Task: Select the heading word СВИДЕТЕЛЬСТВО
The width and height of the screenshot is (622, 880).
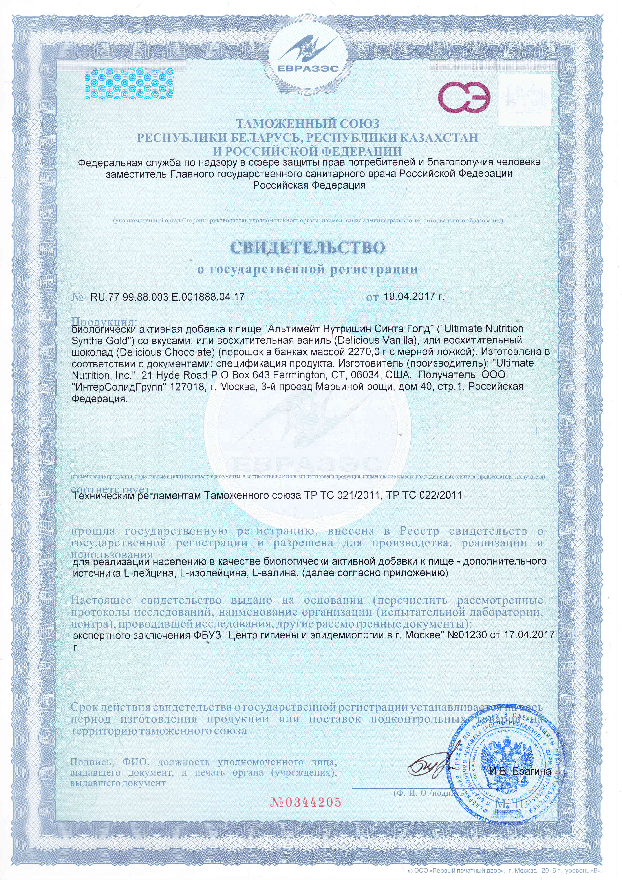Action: click(x=308, y=247)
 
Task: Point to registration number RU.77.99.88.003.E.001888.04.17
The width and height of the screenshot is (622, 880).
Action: click(x=167, y=297)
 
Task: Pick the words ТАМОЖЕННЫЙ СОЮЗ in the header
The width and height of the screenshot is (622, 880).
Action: click(x=307, y=124)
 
